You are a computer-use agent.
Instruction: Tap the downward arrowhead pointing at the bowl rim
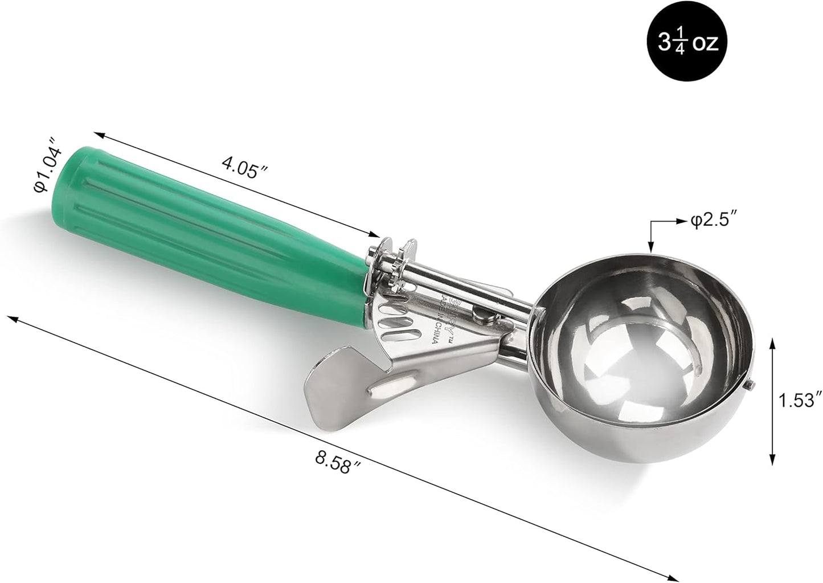click(x=650, y=247)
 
